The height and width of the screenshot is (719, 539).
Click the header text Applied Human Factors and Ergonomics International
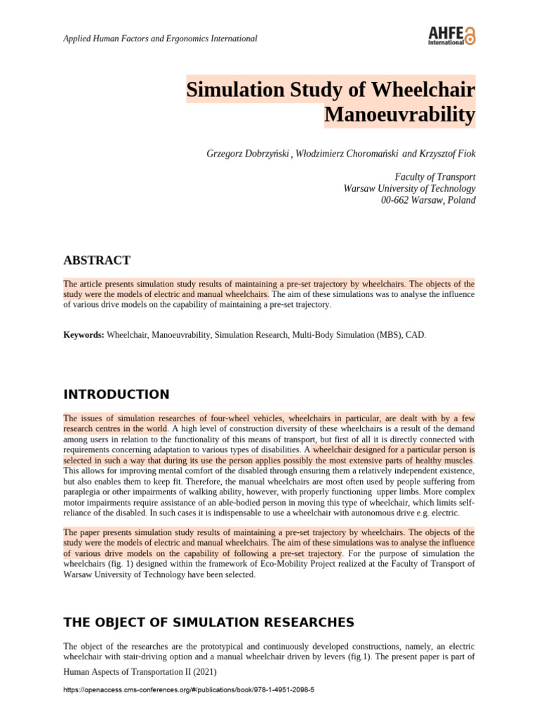(x=160, y=38)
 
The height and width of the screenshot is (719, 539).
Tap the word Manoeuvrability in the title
(x=399, y=114)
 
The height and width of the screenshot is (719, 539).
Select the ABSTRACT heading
(x=96, y=260)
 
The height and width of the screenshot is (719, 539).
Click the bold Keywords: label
(x=84, y=336)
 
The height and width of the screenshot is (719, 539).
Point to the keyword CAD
(x=415, y=336)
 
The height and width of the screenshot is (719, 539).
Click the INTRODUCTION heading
(x=116, y=394)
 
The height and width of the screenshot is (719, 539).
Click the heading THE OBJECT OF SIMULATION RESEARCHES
(x=208, y=622)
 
